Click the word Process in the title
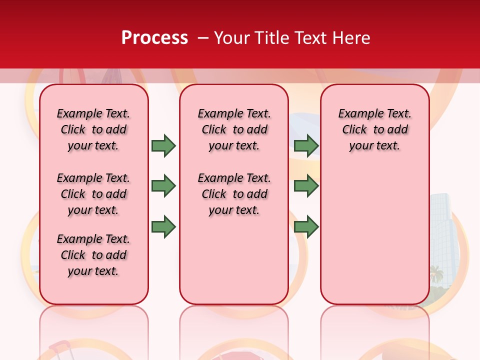154,38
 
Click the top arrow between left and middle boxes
163,145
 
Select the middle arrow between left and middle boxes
163,186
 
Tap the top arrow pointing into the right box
306,145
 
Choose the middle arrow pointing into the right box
306,186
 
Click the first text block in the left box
93,129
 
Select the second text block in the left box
93,194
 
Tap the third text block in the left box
93,255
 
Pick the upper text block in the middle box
234,129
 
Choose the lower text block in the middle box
234,194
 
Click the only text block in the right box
374,129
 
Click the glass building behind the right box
442,225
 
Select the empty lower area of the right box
374,235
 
